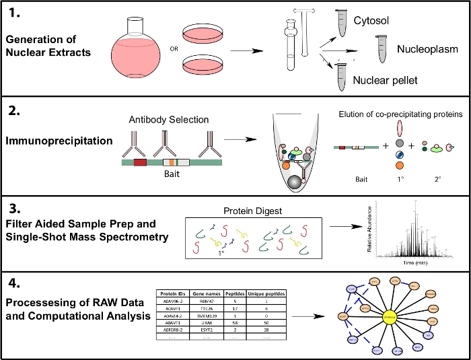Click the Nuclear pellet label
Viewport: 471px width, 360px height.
(x=386, y=80)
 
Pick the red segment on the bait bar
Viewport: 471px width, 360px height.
(x=140, y=162)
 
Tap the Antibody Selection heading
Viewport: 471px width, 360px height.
(x=168, y=120)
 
